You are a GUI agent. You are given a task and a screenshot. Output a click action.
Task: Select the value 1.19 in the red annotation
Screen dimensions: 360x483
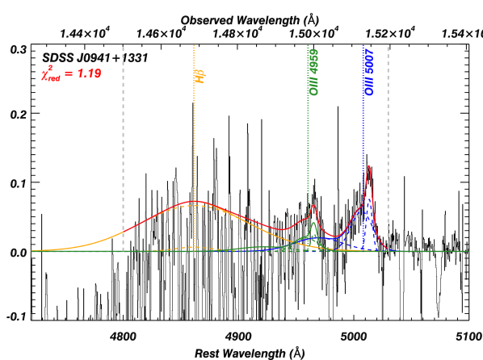point(88,73)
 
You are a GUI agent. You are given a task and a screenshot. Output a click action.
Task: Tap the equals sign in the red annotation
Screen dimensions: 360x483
point(68,74)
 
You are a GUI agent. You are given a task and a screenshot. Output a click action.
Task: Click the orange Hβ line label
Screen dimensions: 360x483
point(199,77)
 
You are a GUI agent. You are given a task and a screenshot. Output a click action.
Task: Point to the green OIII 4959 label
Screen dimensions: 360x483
point(313,71)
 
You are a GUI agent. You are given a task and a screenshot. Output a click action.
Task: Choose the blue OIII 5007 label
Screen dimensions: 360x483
point(368,71)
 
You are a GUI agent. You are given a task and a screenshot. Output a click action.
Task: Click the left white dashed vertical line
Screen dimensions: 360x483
point(123,145)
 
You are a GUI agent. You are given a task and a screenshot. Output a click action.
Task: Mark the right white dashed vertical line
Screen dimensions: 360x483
point(388,145)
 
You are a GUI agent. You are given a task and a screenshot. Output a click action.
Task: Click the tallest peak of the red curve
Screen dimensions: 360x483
point(368,166)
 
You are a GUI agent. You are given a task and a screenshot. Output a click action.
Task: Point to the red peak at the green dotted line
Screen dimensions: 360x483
point(313,206)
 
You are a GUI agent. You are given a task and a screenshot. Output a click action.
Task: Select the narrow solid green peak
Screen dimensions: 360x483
point(313,224)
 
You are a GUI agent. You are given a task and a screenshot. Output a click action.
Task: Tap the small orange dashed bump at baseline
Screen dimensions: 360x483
point(194,246)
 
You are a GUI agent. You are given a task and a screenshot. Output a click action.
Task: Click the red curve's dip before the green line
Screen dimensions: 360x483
point(284,228)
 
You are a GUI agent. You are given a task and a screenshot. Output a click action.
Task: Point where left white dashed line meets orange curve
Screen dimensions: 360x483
point(123,232)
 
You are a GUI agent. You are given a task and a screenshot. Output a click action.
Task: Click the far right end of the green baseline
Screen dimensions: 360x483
point(467,251)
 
